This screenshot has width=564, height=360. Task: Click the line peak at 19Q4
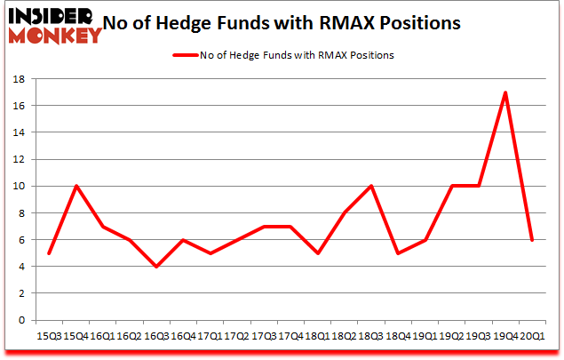[x=505, y=92]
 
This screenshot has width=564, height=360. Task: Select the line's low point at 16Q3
[x=156, y=267]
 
